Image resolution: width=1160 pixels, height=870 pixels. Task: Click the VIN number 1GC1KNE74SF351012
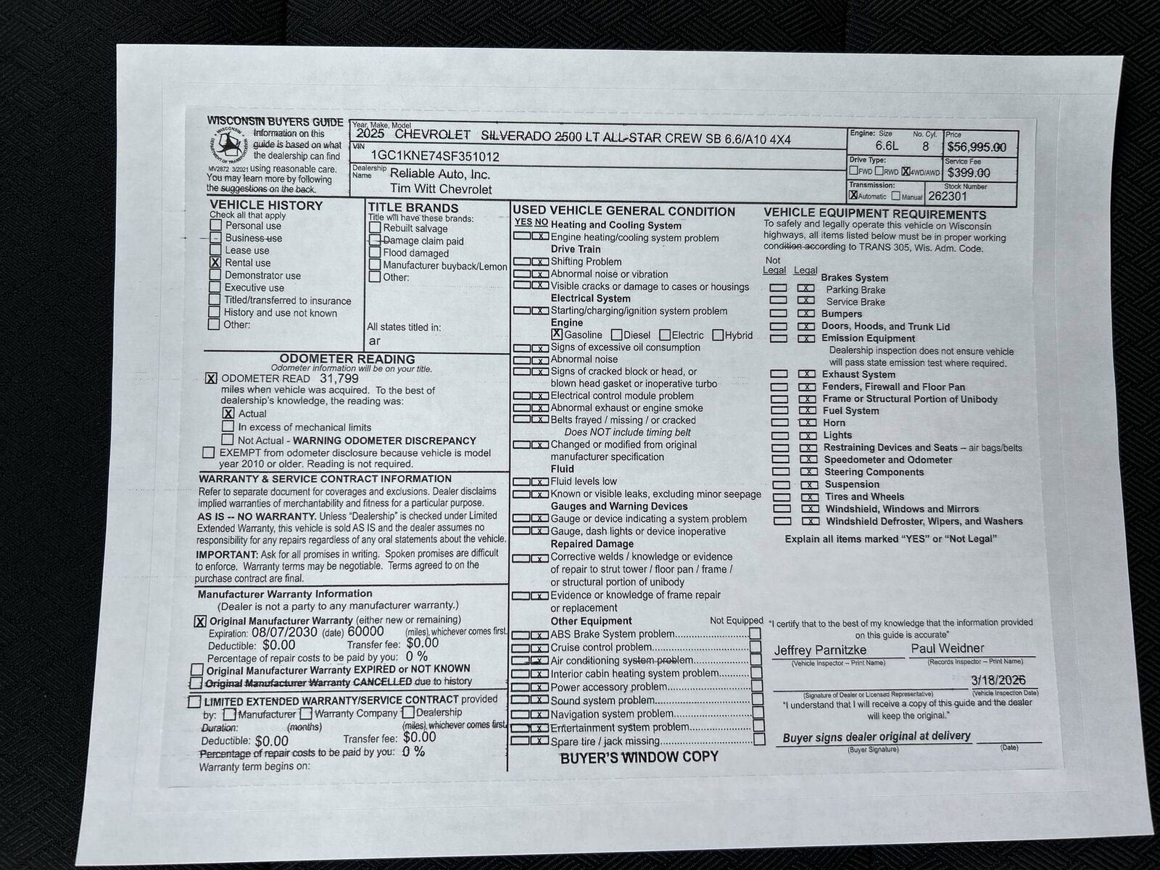[434, 156]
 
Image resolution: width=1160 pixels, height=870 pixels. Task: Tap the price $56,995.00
[976, 147]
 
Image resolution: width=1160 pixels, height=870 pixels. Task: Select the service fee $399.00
[969, 173]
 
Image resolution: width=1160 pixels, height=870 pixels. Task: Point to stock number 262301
[947, 196]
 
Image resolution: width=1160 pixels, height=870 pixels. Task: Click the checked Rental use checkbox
[215, 262]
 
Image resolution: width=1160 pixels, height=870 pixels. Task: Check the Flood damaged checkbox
[374, 253]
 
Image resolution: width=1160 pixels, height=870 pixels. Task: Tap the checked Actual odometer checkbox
[228, 413]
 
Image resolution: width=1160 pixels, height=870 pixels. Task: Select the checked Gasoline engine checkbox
[556, 334]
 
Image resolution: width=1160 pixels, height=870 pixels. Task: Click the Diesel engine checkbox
[616, 335]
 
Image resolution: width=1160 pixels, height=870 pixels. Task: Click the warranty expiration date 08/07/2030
[285, 632]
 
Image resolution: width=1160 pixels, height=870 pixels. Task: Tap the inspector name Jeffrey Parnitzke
[819, 650]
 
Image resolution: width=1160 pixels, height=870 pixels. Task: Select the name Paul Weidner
[947, 648]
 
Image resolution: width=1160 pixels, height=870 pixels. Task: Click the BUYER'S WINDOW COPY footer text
[639, 757]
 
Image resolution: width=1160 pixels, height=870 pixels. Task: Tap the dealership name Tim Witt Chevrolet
[441, 189]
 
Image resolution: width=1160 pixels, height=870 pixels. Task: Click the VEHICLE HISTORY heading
[266, 205]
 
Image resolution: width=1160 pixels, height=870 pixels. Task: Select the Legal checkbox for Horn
[807, 423]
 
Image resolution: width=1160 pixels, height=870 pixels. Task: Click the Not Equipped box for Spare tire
[758, 739]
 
